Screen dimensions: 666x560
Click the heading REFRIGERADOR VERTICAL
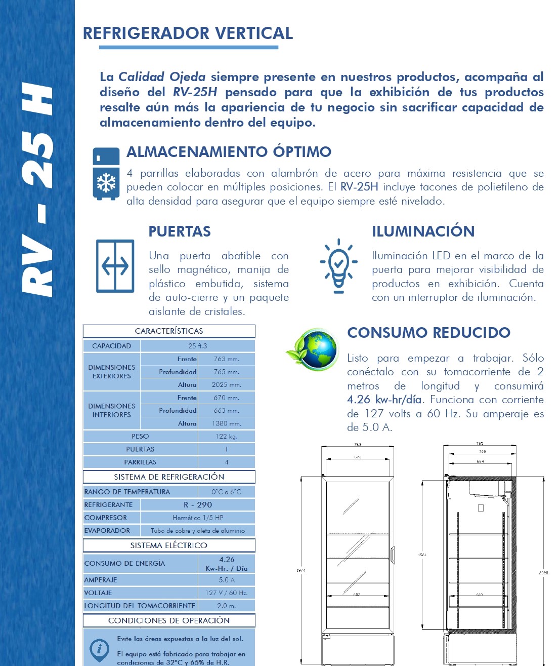[x=188, y=33]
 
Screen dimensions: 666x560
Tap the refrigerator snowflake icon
[x=106, y=174]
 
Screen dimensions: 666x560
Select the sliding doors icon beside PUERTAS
[x=115, y=266]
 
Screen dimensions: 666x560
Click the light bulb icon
[x=338, y=265]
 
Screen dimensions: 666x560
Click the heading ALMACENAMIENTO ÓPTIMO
[x=229, y=151]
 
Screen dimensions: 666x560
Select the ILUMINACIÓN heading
[x=423, y=231]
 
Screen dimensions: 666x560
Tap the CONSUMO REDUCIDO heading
[x=428, y=333]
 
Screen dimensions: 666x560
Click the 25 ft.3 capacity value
[x=197, y=346]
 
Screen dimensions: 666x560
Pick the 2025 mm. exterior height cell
[x=226, y=385]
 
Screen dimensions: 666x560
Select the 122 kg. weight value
[x=226, y=436]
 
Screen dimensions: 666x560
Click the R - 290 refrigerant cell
[x=198, y=505]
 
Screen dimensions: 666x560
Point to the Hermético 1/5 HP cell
[x=198, y=518]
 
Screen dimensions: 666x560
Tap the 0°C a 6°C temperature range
[x=226, y=492]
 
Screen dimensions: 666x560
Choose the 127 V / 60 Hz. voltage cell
[x=226, y=593]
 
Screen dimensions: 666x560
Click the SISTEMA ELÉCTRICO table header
[x=168, y=545]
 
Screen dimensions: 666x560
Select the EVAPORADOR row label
[x=107, y=530]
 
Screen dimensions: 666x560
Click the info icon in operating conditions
[x=99, y=649]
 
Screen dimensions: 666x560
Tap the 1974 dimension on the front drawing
[x=300, y=570]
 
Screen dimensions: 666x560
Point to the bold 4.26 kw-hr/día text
[x=384, y=400]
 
